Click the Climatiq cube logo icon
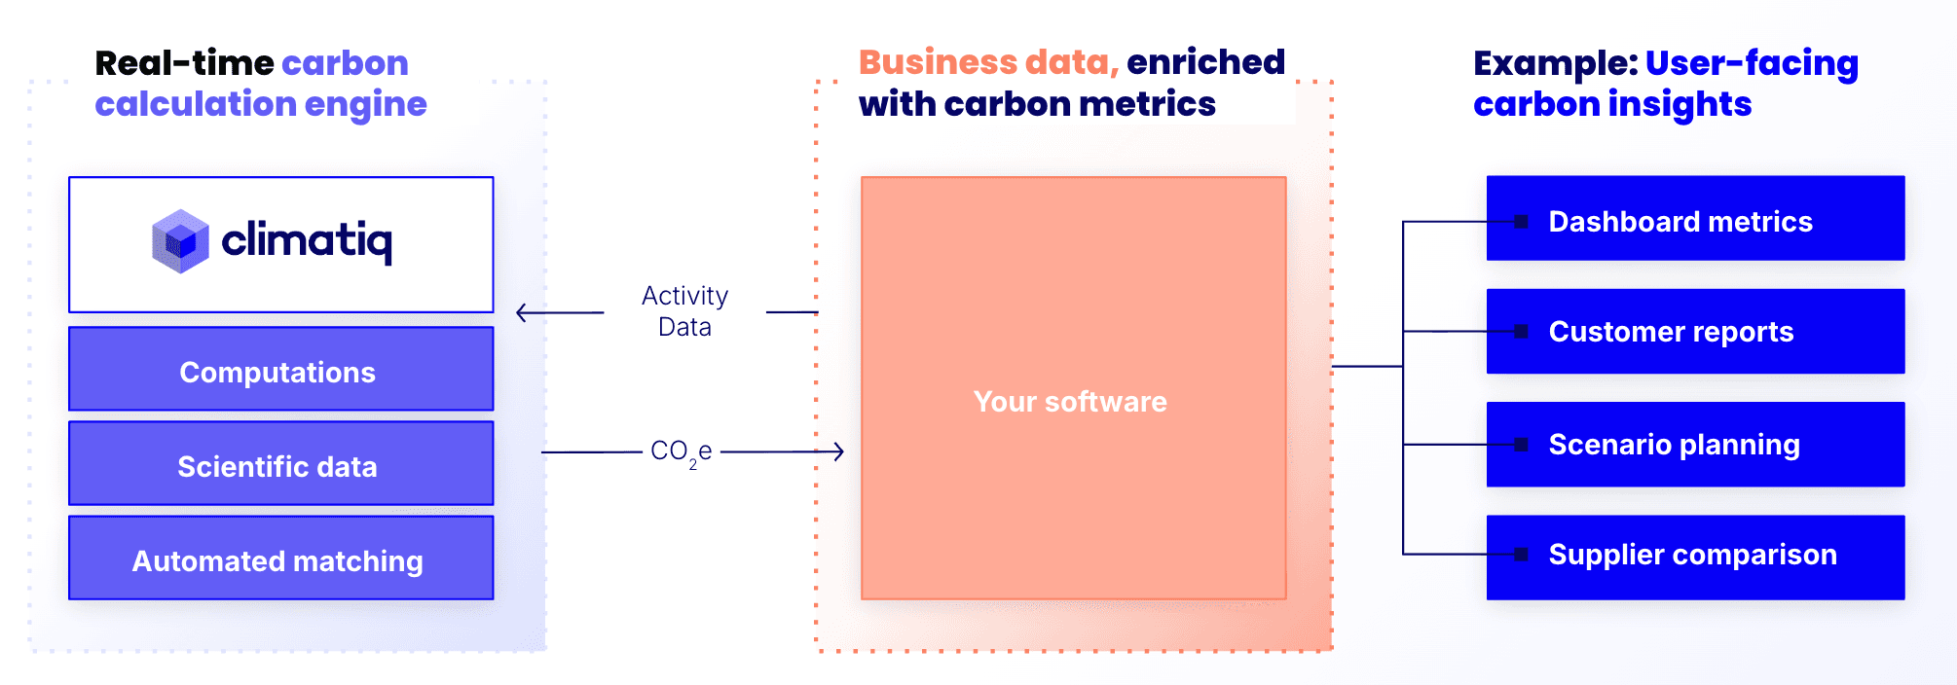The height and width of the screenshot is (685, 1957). click(x=180, y=241)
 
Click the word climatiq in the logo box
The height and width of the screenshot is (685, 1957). click(x=307, y=240)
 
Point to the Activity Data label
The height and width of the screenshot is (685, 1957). click(x=684, y=311)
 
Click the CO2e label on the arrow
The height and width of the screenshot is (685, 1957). click(x=681, y=452)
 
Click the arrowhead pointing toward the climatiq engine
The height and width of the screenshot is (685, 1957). click(x=523, y=312)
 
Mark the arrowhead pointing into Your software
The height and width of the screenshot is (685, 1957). click(x=837, y=451)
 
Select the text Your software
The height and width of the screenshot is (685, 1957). click(x=1070, y=402)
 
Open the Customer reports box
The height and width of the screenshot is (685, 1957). click(x=1695, y=331)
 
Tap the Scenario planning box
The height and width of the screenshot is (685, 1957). click(x=1695, y=444)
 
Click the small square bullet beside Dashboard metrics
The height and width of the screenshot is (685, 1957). click(x=1521, y=222)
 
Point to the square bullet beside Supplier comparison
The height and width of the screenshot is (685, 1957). click(x=1521, y=555)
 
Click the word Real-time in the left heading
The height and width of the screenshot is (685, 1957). click(x=183, y=63)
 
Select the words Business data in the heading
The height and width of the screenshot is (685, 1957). click(x=987, y=62)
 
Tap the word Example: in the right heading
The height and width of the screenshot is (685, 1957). click(x=1555, y=63)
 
